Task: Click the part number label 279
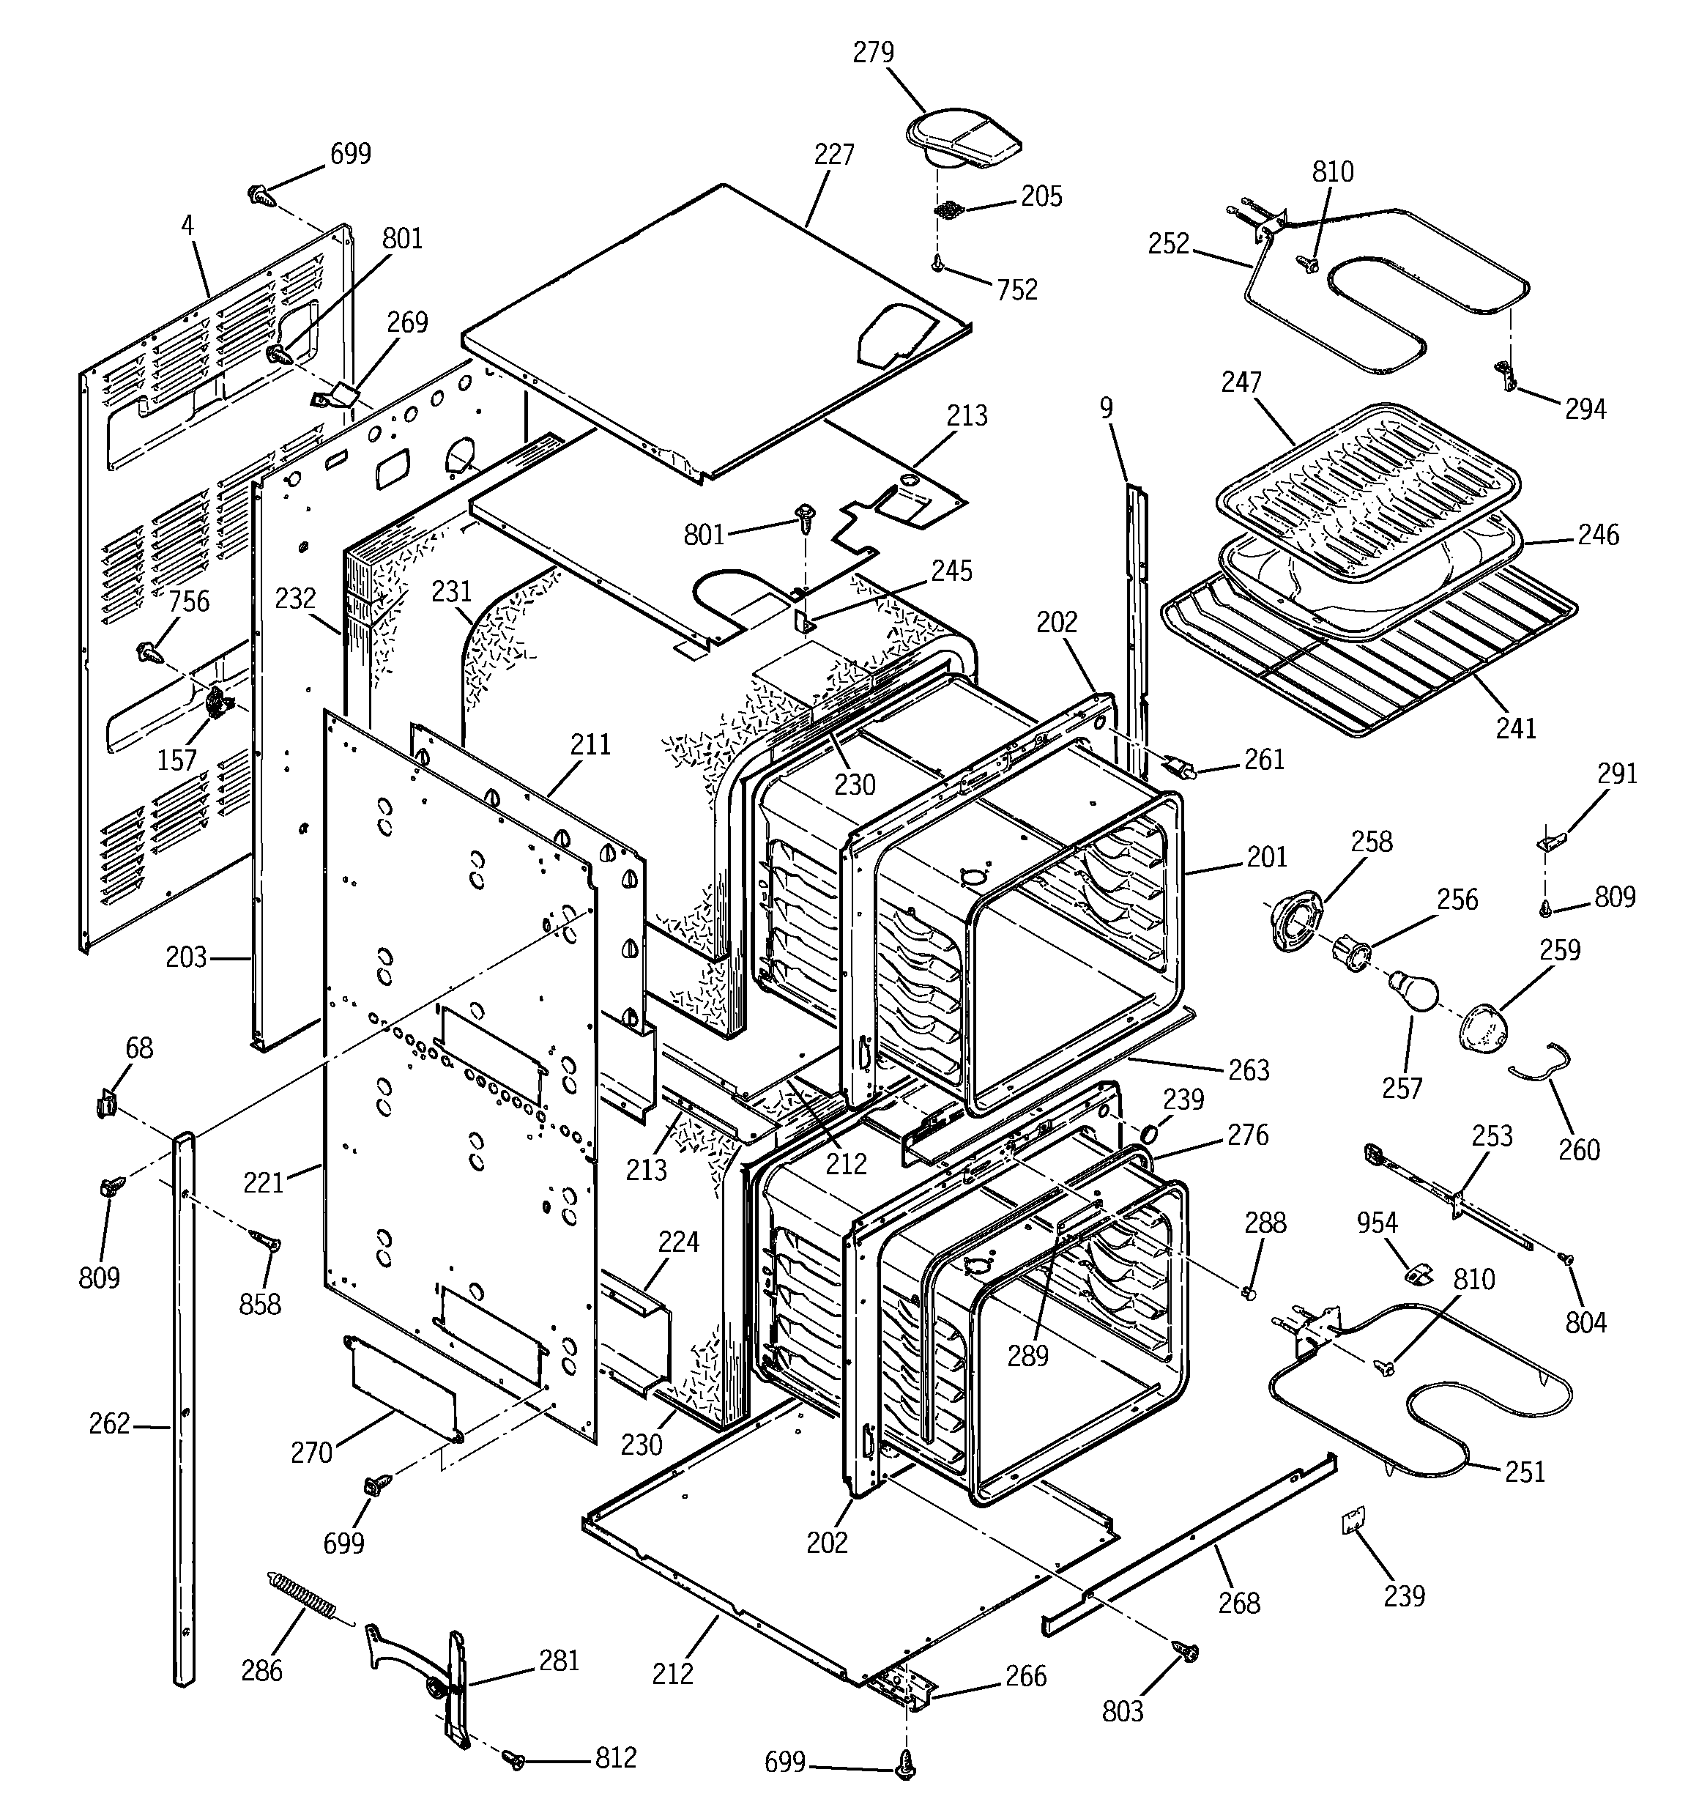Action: pos(873,53)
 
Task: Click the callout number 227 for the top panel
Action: pos(833,155)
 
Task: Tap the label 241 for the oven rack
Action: pos(1516,727)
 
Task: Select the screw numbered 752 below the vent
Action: pos(937,264)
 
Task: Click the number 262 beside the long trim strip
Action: pos(109,1423)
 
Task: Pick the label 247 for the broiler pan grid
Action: pos(1241,382)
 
